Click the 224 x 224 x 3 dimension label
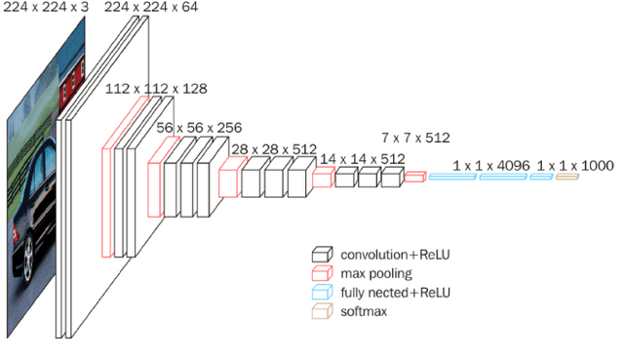pyautogui.click(x=46, y=7)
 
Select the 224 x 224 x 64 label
pyautogui.click(x=151, y=7)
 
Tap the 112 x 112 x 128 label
pyautogui.click(x=156, y=89)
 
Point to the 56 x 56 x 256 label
pyautogui.click(x=199, y=128)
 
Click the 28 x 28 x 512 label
pyautogui.click(x=274, y=149)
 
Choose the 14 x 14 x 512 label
pyautogui.click(x=363, y=159)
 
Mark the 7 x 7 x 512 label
pyautogui.click(x=416, y=138)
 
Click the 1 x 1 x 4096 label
pyautogui.click(x=491, y=166)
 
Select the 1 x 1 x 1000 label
pyautogui.click(x=575, y=166)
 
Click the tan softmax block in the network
pyautogui.click(x=567, y=177)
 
